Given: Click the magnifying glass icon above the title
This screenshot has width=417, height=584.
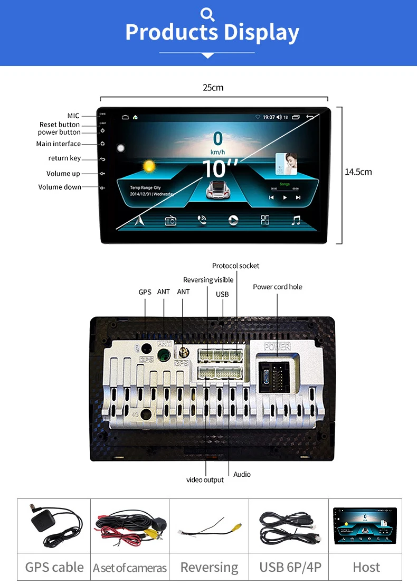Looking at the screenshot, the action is click(x=208, y=13).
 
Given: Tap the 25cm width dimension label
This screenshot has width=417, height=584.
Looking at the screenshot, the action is click(x=213, y=88).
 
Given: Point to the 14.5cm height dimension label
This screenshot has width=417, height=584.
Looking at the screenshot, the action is click(x=358, y=172).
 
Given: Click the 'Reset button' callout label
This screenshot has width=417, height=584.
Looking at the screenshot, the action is click(x=60, y=125).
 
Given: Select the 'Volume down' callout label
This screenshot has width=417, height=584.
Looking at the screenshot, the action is click(x=60, y=187).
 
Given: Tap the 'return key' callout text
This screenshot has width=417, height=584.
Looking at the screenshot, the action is click(x=64, y=158).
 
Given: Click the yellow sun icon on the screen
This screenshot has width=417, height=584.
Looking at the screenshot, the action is click(x=149, y=166).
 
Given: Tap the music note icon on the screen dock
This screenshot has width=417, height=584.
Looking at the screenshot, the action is click(x=296, y=220).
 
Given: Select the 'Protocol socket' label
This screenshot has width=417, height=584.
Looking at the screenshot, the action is click(x=235, y=266).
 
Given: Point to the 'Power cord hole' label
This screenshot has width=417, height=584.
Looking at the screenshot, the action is click(x=277, y=287).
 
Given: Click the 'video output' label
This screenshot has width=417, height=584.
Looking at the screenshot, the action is click(x=205, y=479).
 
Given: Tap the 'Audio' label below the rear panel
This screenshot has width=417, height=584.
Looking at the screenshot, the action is click(x=242, y=474).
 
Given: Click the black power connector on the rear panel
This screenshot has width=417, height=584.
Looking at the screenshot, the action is click(x=273, y=374).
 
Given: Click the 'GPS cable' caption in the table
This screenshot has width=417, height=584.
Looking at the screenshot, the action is click(x=54, y=567).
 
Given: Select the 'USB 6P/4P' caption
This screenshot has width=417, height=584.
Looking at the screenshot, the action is click(x=290, y=567).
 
